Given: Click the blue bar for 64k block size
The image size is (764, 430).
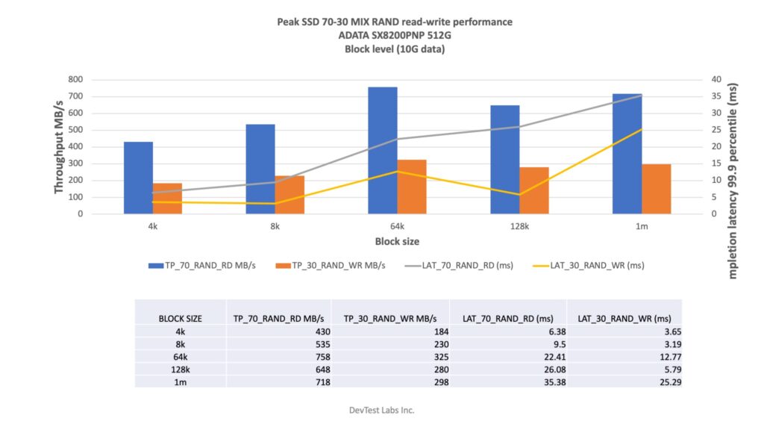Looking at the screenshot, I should point(382,150).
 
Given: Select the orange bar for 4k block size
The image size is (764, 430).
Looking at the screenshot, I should point(167,199).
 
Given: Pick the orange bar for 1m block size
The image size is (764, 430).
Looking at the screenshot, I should point(657,189).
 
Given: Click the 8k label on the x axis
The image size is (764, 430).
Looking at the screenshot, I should point(275,226).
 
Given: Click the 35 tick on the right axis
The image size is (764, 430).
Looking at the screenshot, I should point(715,96).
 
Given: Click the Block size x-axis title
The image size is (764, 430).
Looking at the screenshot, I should point(396,242).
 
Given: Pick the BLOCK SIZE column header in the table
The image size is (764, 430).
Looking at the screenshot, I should point(180,318).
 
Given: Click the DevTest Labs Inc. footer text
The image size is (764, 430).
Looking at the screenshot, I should point(381,410).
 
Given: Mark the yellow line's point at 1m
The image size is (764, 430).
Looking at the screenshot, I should point(642,129).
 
